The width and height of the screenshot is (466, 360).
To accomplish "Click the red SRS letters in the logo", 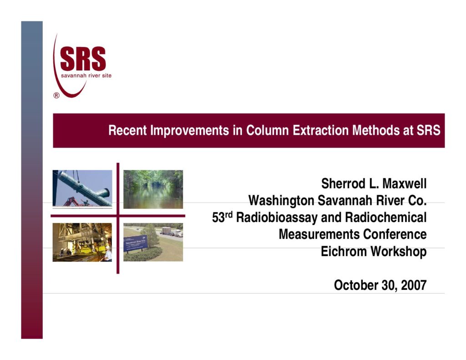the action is coord(83,59).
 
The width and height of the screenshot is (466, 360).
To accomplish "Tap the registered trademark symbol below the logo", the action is coord(56,96).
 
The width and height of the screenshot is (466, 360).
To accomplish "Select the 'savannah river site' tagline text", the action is coord(86,76).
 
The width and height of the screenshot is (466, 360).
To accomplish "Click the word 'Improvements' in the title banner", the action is coord(190,131).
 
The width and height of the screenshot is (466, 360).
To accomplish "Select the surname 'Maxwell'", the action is coord(405,183).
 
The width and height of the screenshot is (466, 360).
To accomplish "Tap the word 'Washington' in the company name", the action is coord(281,201).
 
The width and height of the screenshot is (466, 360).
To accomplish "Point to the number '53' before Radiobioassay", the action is coord(218,218).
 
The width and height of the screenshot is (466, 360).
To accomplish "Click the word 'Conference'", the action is coord(395,234).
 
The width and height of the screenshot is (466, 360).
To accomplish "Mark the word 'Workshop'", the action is coord(399,252).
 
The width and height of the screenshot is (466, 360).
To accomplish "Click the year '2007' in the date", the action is coord(414,285).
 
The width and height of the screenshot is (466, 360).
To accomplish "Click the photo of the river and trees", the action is coord(153,189).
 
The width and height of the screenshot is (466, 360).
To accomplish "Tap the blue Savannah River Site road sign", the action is coord(136,243).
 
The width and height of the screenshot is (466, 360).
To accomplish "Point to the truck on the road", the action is coord(172,232).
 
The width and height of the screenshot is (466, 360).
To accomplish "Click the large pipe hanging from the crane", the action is coord(83,188).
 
